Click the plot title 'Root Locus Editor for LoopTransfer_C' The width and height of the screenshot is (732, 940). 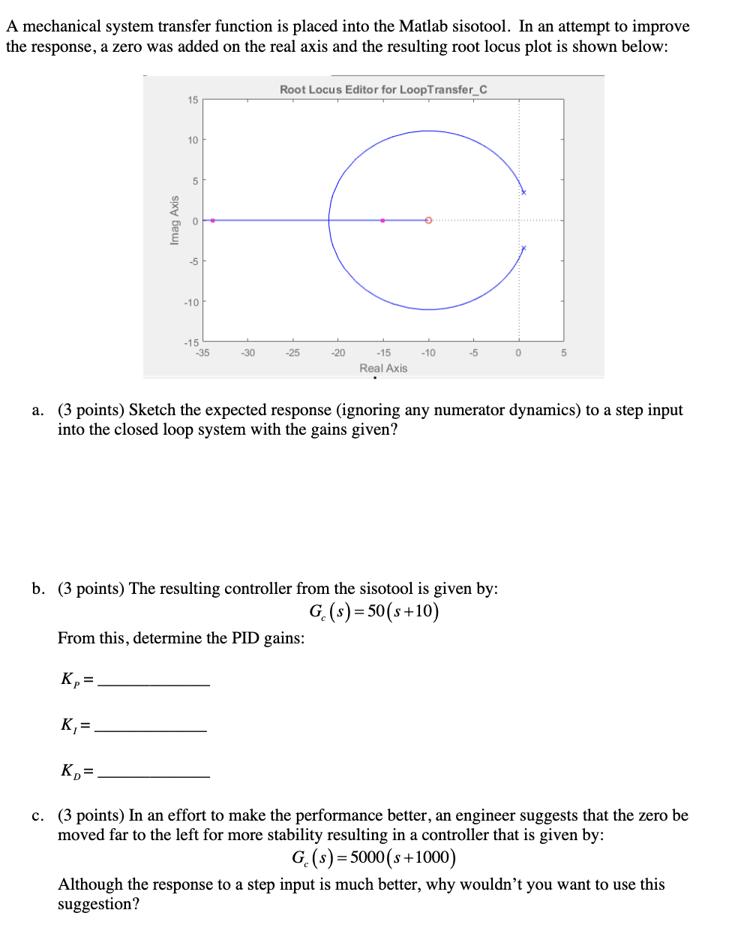[x=383, y=89]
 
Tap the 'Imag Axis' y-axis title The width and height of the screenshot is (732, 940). [x=175, y=220]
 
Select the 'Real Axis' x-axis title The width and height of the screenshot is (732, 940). [x=383, y=368]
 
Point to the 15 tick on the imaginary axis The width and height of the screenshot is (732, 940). [x=193, y=100]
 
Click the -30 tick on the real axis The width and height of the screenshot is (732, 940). [x=247, y=352]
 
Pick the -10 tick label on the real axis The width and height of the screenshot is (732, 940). [x=428, y=352]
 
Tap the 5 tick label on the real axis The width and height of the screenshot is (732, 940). [x=564, y=352]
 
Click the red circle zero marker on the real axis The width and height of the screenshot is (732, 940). [x=428, y=220]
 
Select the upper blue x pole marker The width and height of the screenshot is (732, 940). [x=523, y=192]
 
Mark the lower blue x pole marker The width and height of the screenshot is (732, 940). [x=523, y=248]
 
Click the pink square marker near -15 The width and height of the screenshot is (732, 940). [x=382, y=220]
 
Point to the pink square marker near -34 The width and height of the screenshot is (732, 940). [x=212, y=220]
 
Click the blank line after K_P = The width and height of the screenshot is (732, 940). [x=154, y=683]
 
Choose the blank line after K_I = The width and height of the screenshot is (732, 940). [x=151, y=729]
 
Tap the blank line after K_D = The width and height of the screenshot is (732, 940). [x=154, y=775]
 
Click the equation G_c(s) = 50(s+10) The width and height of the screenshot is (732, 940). [x=373, y=611]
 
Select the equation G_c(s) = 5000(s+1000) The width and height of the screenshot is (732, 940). [x=373, y=857]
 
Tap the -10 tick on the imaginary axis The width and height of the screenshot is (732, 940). [x=192, y=302]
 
